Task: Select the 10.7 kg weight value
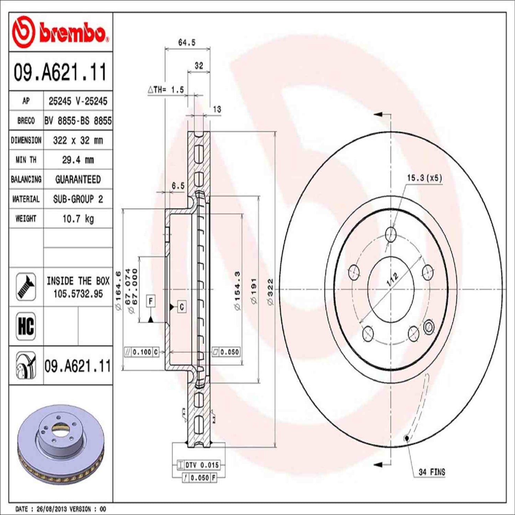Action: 78,218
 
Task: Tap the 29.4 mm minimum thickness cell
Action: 78,160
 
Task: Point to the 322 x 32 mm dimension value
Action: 78,140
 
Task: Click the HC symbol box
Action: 26,326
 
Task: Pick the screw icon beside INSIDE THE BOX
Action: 26,287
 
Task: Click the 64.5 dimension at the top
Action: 187,42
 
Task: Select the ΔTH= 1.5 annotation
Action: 166,90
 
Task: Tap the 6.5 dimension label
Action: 178,186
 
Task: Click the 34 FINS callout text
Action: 432,472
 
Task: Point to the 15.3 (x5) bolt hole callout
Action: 424,178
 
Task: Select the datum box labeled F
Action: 151,301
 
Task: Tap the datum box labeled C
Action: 182,307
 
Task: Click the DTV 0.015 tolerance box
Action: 202,465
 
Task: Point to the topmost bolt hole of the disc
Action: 391,234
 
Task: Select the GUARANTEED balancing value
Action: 78,179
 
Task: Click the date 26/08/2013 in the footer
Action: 52,509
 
